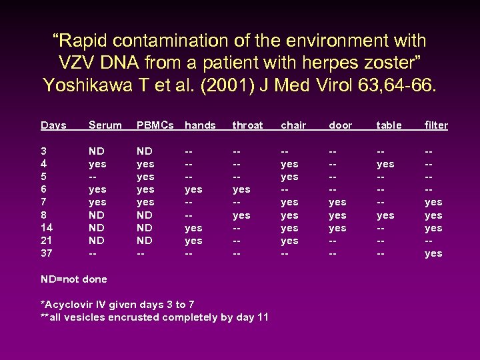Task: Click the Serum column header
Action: (x=105, y=125)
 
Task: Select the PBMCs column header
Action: (x=155, y=125)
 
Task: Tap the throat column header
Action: (x=247, y=125)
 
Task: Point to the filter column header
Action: (x=436, y=125)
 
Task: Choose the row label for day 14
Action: (x=47, y=228)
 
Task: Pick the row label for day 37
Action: (x=47, y=253)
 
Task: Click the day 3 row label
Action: (x=43, y=151)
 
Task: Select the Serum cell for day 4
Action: (x=97, y=164)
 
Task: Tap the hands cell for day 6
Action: (x=193, y=189)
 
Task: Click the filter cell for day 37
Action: (x=433, y=253)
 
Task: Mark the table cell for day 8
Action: (x=385, y=215)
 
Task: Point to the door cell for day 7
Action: (x=337, y=202)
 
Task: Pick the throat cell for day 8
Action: (x=241, y=215)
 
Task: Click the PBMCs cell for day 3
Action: (x=144, y=151)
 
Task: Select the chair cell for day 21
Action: (x=289, y=241)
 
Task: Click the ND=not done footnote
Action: (x=74, y=279)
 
